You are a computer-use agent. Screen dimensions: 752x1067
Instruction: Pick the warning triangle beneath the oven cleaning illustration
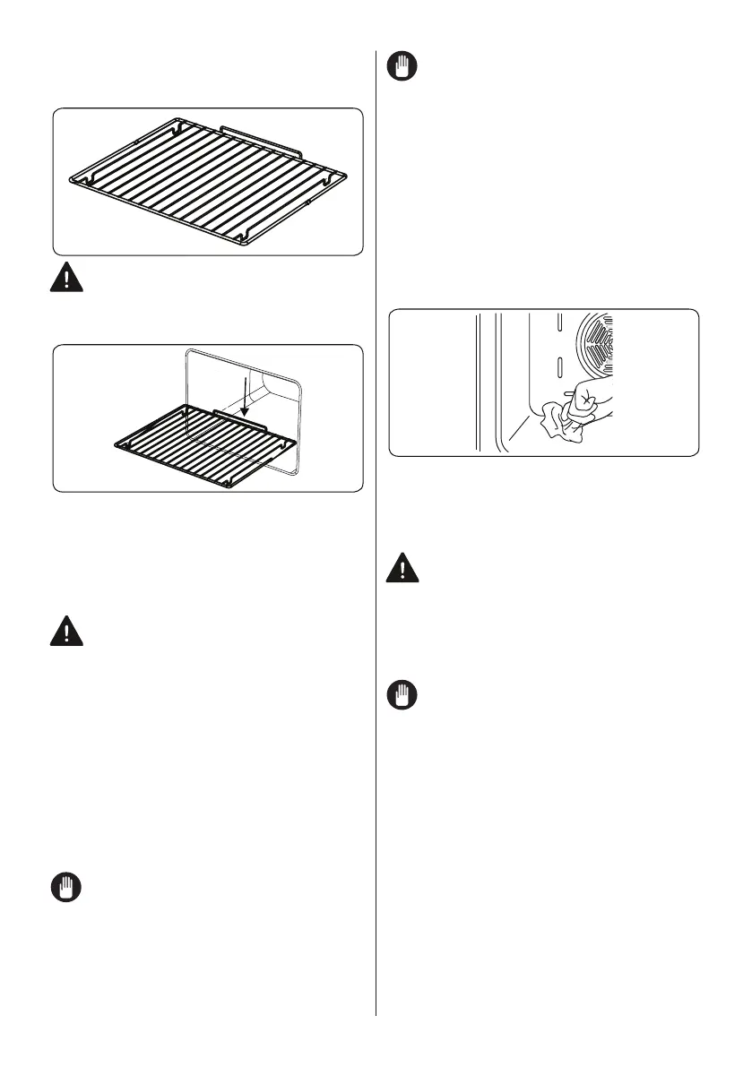point(402,569)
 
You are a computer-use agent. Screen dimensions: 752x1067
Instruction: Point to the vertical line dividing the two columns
point(376,538)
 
